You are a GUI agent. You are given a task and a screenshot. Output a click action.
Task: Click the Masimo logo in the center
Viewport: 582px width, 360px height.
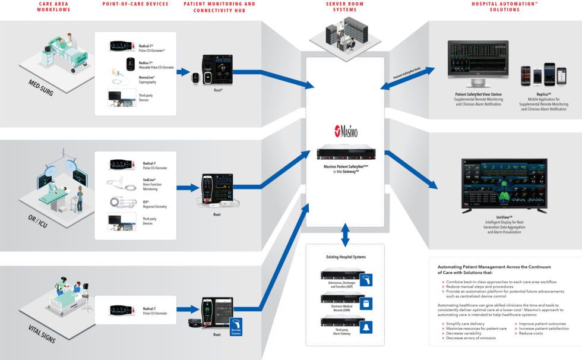tap(345, 131)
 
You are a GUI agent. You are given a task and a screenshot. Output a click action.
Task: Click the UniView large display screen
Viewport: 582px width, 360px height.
tap(504, 186)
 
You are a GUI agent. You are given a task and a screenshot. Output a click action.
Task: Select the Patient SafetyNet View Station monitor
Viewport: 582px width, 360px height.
tap(479, 59)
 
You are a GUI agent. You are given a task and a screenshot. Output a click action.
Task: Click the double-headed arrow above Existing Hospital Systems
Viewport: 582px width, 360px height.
tap(345, 235)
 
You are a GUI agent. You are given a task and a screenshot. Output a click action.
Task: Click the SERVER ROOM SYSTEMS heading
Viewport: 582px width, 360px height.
tap(345, 7)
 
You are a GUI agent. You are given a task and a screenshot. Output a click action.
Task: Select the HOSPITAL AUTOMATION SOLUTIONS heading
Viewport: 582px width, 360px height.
tap(496, 7)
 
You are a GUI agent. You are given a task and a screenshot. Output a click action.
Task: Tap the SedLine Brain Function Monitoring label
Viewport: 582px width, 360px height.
tap(151, 185)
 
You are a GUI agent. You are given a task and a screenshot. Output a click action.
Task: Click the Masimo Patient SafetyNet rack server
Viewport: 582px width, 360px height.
tap(345, 153)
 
